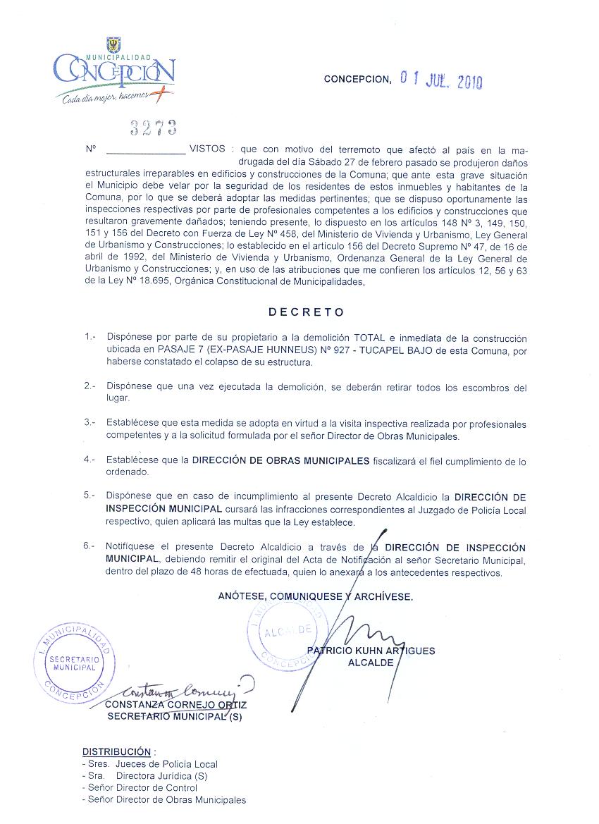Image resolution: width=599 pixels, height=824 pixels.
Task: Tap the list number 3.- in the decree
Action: (x=89, y=423)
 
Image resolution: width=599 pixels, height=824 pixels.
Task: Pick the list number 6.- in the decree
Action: (x=89, y=546)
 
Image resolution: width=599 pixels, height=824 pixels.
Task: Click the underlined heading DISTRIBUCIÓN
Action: (x=116, y=751)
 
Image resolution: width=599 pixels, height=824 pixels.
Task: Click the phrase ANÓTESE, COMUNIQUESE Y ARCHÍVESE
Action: (x=315, y=596)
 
